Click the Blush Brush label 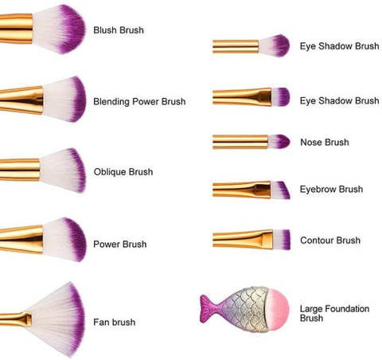click(119, 30)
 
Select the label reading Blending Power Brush click(139, 101)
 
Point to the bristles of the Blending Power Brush click(64, 100)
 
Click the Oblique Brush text click(123, 172)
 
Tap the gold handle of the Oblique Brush click(20, 170)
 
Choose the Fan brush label click(115, 322)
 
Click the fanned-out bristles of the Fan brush click(58, 320)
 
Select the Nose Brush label click(325, 142)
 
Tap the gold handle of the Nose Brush click(240, 142)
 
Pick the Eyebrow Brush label click(331, 189)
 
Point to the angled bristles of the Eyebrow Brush click(280, 190)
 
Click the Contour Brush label click(330, 241)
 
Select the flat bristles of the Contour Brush click(282, 240)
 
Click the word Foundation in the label click(347, 309)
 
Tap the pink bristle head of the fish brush click(278, 310)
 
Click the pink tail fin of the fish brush click(209, 308)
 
